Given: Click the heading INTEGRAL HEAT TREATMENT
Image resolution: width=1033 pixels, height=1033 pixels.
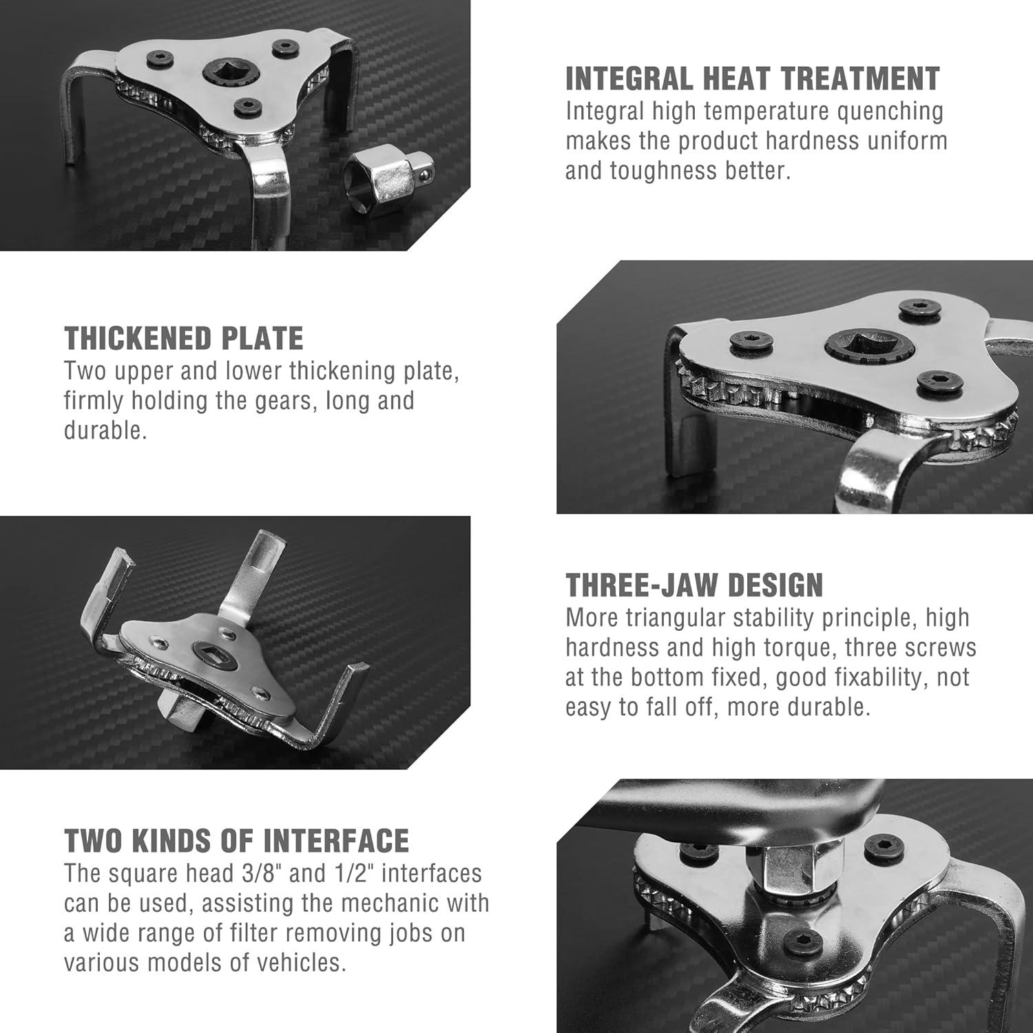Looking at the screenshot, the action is click(752, 79).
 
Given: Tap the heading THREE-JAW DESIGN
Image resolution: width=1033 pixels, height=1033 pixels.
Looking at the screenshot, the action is click(694, 585).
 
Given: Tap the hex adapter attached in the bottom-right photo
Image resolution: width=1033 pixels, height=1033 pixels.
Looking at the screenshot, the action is click(791, 870).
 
